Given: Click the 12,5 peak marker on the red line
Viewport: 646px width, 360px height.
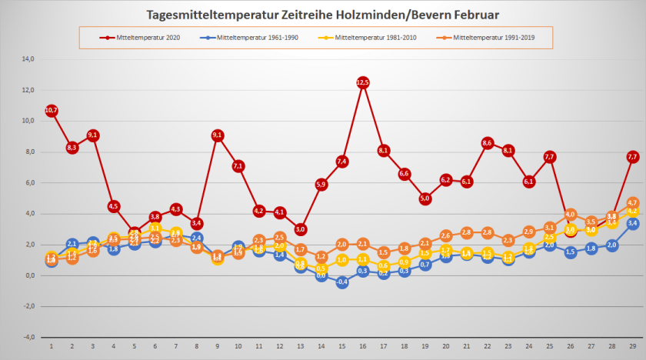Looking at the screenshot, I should (363, 82).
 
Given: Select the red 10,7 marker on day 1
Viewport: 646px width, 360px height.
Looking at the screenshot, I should (52, 111).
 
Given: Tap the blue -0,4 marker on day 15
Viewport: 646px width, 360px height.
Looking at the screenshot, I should (342, 282).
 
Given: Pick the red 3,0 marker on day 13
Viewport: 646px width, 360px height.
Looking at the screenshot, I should (301, 229).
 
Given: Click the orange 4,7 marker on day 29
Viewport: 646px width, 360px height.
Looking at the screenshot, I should (633, 203).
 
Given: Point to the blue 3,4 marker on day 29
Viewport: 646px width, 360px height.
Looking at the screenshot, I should (633, 223).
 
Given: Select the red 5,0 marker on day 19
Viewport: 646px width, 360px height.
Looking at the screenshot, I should (425, 198).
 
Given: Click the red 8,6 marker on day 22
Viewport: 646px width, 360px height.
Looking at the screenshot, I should (488, 143).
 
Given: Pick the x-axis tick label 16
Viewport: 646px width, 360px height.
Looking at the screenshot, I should (363, 347).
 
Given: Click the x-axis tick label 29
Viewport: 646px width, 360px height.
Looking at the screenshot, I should (633, 347).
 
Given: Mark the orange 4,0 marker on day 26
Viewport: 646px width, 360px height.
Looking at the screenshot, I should (571, 215).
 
